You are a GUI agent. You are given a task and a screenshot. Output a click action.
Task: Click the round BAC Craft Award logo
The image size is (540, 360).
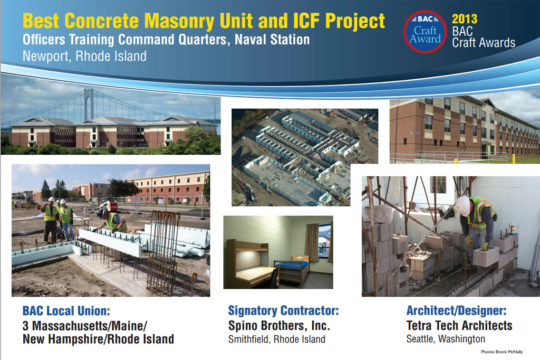click(425, 32)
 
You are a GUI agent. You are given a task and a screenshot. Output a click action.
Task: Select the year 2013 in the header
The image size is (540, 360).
click(464, 19)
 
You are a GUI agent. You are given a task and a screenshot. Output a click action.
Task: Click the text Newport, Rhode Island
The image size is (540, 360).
click(85, 56)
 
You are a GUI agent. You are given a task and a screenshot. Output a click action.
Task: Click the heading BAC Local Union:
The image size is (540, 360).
click(66, 311)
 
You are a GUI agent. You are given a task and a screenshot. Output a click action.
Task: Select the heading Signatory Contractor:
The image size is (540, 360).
click(283, 311)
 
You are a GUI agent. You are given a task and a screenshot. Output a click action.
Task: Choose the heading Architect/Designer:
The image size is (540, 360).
click(456, 311)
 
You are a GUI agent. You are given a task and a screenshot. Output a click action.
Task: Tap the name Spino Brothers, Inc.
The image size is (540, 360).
click(279, 326)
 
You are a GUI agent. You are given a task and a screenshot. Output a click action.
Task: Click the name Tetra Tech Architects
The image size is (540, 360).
click(459, 326)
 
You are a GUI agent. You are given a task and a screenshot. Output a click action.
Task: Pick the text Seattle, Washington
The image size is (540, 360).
click(445, 339)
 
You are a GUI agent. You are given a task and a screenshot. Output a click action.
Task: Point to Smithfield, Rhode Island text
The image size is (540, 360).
click(277, 340)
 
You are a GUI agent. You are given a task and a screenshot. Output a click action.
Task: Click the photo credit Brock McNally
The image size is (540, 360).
click(509, 352)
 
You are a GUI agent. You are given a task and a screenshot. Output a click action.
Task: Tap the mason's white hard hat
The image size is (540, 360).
click(463, 206)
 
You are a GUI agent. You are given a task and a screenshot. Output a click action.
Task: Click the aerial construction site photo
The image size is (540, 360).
click(304, 157)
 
